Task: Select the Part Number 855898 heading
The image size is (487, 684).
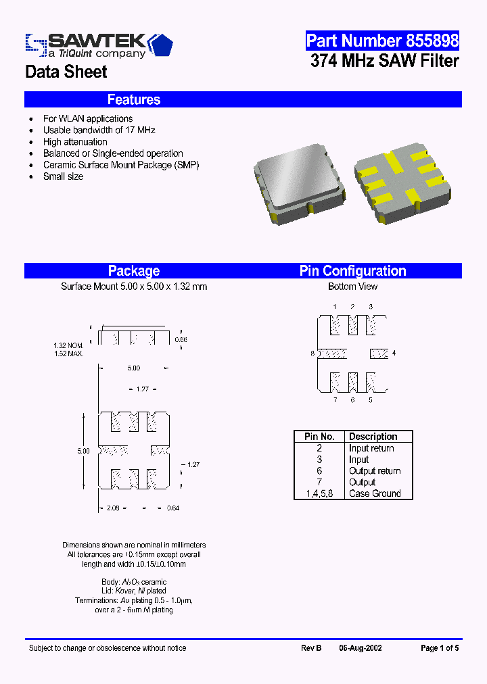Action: pyautogui.click(x=382, y=41)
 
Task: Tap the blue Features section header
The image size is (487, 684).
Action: pyautogui.click(x=134, y=100)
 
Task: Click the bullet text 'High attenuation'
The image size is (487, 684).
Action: pyautogui.click(x=75, y=142)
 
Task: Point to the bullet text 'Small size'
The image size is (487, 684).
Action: pyautogui.click(x=63, y=176)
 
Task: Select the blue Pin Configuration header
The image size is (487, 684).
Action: pyautogui.click(x=352, y=271)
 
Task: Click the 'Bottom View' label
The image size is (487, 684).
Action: pyautogui.click(x=352, y=287)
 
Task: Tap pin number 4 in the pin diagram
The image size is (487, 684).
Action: pyautogui.click(x=394, y=353)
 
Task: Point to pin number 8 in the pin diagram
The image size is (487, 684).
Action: pyautogui.click(x=312, y=353)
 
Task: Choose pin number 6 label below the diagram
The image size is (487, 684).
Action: pyautogui.click(x=352, y=400)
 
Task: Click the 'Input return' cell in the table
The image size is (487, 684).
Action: pyautogui.click(x=371, y=448)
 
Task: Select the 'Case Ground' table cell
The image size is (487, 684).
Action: pyautogui.click(x=375, y=493)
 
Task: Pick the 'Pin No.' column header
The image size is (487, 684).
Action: pyautogui.click(x=319, y=437)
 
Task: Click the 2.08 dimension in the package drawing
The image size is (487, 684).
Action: pyautogui.click(x=114, y=508)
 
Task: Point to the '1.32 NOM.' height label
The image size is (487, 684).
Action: pyautogui.click(x=69, y=346)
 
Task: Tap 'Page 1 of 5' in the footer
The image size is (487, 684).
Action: pyautogui.click(x=440, y=648)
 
